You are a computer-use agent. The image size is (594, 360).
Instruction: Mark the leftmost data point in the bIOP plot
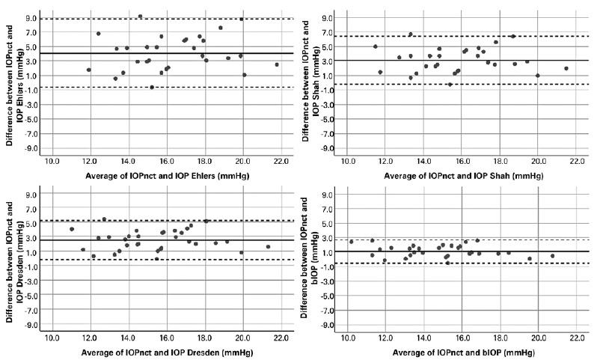point(351,241)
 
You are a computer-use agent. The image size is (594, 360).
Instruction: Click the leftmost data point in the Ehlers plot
point(89,70)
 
